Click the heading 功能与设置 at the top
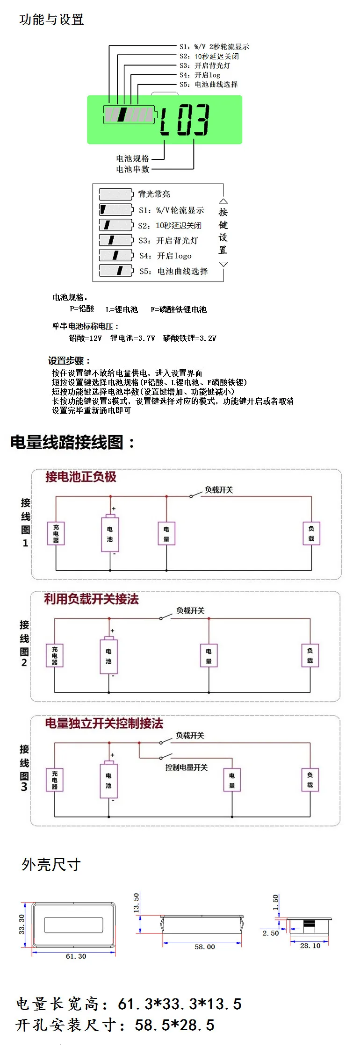pos(51,20)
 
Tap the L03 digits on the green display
pos(184,120)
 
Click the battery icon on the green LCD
pos(129,115)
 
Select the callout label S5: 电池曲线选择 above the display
pos(209,85)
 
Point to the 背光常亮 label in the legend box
pos(154,194)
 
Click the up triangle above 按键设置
pos(223,201)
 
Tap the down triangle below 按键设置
pos(223,264)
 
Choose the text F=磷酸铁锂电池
pos(178,309)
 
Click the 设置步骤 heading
pos(69,361)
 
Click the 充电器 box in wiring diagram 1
pos(56,533)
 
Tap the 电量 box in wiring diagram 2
pos(209,655)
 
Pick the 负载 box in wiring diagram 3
pos(310,780)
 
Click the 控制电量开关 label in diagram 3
pos(186,767)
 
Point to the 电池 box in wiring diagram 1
pos(110,534)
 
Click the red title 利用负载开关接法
pos(91,599)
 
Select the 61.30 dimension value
pos(76,956)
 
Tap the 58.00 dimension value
pos(205,947)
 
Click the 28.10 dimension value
pos(310,946)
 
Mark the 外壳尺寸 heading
pos(51,865)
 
